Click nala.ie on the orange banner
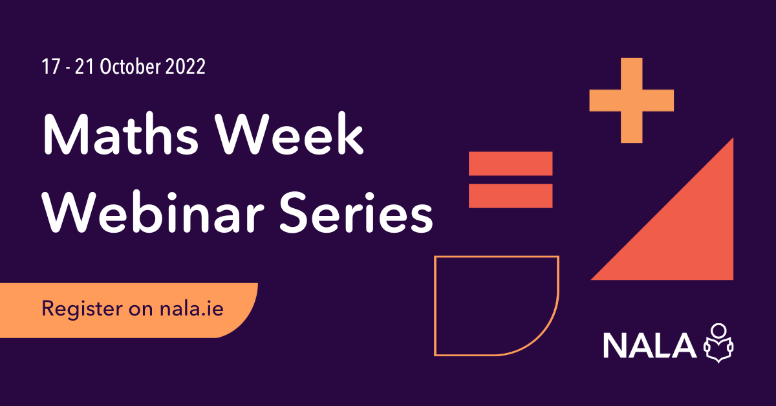pos(191,308)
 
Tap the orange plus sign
pos(632,100)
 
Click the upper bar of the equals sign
pos(510,164)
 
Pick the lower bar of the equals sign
pos(510,195)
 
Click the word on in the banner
pos(144,309)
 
